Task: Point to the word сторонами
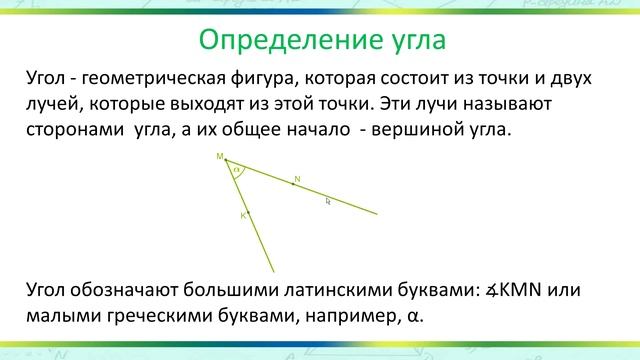pos(75,130)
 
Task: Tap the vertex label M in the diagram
pos(219,157)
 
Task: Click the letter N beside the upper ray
pos(297,180)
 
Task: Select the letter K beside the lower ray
pos(242,215)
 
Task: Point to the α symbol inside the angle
pos(236,171)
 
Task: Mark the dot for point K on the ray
pos(248,211)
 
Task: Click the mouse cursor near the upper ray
pos(328,202)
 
